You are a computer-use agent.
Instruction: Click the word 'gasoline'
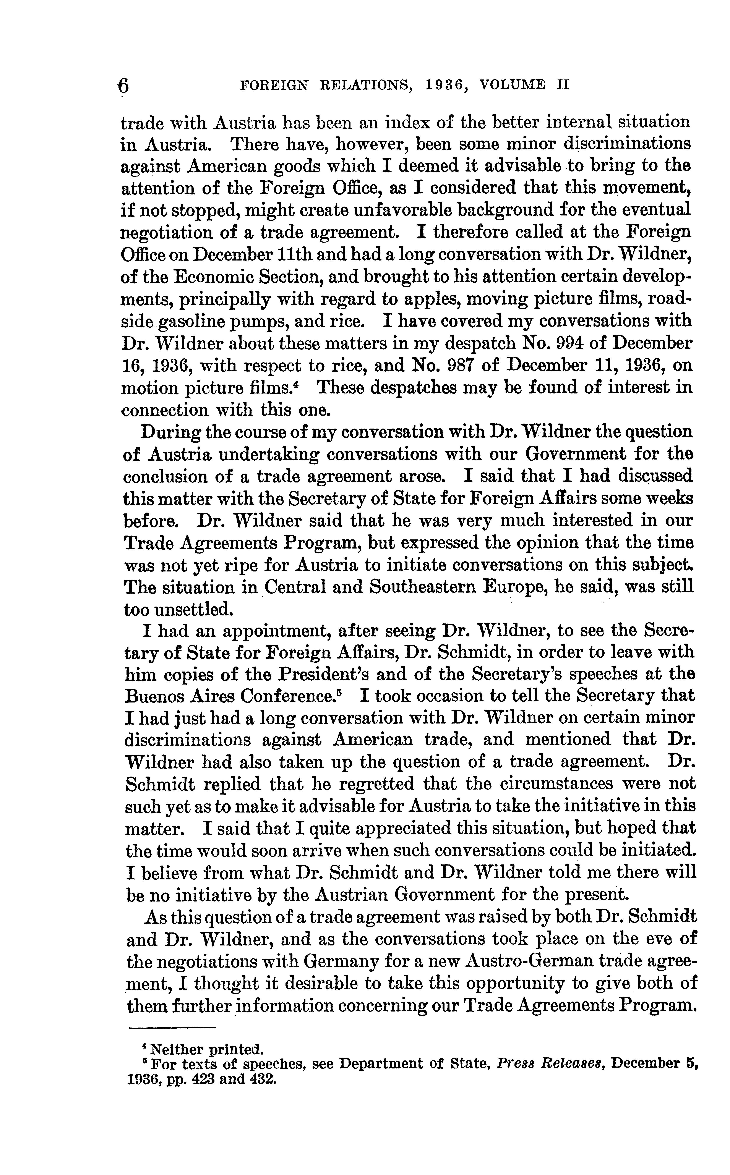point(190,322)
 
